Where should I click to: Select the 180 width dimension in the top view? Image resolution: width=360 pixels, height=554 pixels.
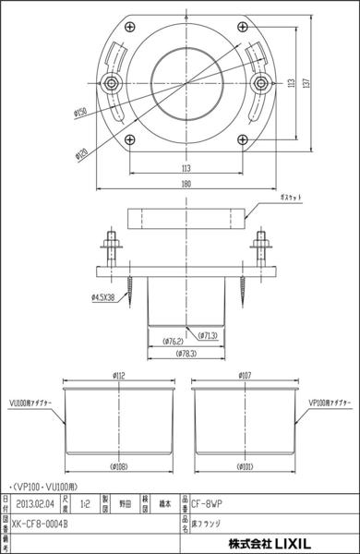(187, 184)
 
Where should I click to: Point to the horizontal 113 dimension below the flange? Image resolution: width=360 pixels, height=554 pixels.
(187, 169)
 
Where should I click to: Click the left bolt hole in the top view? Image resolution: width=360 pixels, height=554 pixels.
(114, 82)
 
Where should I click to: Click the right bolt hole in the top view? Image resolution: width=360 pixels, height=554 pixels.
(261, 82)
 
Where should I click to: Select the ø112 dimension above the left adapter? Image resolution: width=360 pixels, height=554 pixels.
(119, 376)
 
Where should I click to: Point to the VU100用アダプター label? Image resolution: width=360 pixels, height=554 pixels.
(30, 404)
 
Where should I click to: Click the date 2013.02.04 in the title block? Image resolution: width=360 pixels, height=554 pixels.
(41, 505)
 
